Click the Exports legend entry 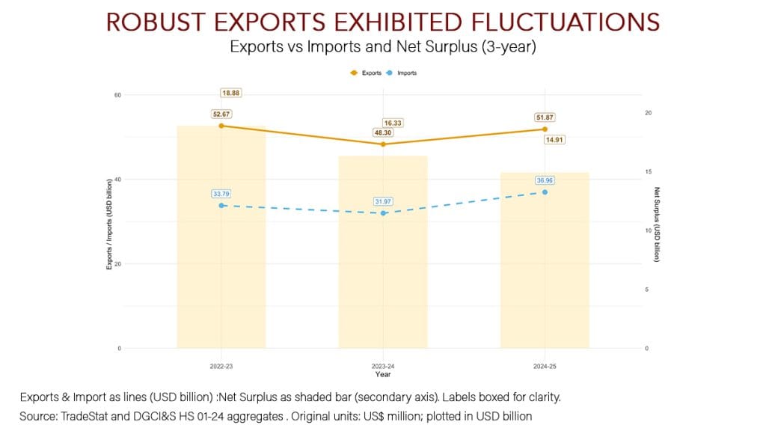click(x=366, y=73)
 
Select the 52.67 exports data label click(x=221, y=114)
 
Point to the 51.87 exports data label click(x=545, y=117)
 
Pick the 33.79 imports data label click(x=221, y=194)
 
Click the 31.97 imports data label click(x=383, y=202)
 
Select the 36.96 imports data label click(x=545, y=180)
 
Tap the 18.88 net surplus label click(x=230, y=93)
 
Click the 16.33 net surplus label click(x=393, y=123)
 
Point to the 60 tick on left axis click(x=118, y=95)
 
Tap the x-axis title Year click(x=383, y=375)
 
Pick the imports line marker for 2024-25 click(x=545, y=192)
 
